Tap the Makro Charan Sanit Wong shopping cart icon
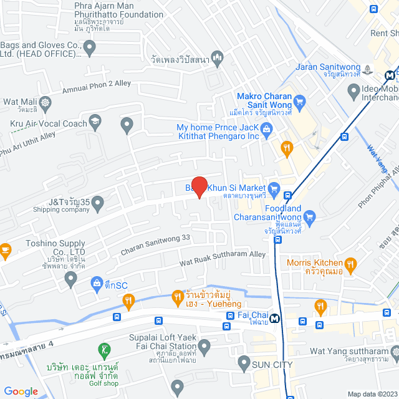coord(299,101)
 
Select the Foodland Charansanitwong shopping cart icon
coord(310,216)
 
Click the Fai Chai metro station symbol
coord(274,316)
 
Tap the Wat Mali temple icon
coord(45,102)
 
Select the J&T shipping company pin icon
coord(98,202)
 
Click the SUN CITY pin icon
coord(244,363)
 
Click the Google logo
coord(21,391)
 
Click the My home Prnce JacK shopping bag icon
coord(267,129)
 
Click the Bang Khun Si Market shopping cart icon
coord(272,188)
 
